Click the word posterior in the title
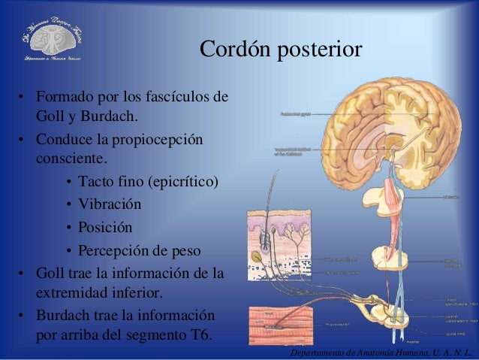(320, 51)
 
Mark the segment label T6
(197, 333)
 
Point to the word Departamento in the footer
(318, 352)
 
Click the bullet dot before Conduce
(23, 141)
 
